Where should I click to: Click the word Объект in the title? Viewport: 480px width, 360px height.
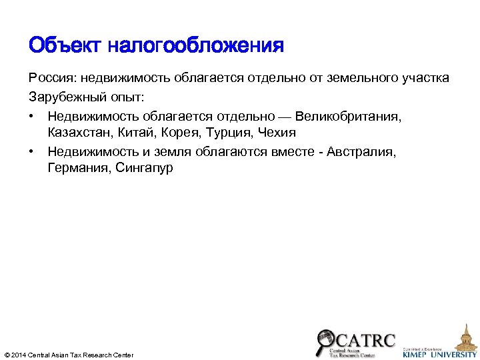click(64, 46)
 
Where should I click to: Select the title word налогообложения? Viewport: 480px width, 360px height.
click(195, 46)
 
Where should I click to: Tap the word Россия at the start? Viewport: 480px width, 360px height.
click(51, 78)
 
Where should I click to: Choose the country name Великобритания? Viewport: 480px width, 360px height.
click(349, 116)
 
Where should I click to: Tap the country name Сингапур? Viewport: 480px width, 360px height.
click(144, 168)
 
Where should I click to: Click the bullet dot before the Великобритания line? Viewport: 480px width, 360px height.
click(32, 116)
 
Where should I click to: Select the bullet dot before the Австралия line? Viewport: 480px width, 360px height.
click(32, 151)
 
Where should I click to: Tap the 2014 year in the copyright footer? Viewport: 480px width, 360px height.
click(19, 355)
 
